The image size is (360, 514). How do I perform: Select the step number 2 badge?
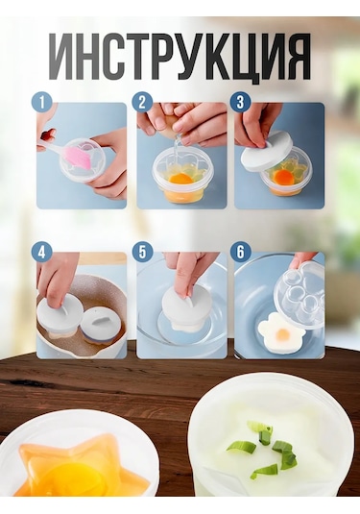pos(142,102)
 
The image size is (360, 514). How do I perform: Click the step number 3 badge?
pos(240,102)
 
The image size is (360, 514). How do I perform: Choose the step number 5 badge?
pos(142,253)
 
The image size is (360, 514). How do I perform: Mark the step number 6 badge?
pos(240,253)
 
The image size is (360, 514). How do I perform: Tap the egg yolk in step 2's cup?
pos(180,178)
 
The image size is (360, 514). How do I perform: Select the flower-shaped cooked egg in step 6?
pos(281,333)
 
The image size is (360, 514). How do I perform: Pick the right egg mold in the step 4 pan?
pos(100,323)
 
